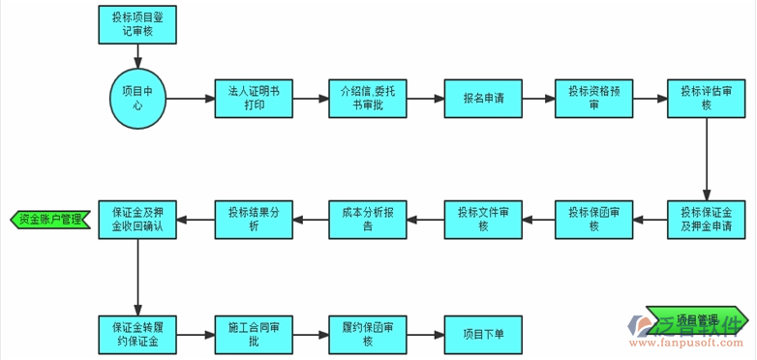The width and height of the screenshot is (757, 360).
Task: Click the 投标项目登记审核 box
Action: pos(137,24)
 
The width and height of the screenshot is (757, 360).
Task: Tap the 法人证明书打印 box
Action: pos(253,98)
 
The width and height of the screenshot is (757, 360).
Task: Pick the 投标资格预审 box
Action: pos(593,98)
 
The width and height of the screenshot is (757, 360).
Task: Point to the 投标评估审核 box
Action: pos(706,98)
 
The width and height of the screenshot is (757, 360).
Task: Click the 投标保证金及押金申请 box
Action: pos(706,220)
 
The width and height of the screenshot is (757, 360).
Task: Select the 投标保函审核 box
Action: pos(593,220)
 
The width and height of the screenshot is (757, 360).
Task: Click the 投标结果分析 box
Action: pos(253,220)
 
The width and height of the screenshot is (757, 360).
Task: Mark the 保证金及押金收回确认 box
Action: pos(137,220)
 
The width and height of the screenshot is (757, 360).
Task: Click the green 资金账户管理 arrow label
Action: pos(47,220)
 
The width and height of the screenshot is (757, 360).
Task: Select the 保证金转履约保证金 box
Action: pos(137,335)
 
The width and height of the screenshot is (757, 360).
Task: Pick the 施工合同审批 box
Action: pos(253,335)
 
